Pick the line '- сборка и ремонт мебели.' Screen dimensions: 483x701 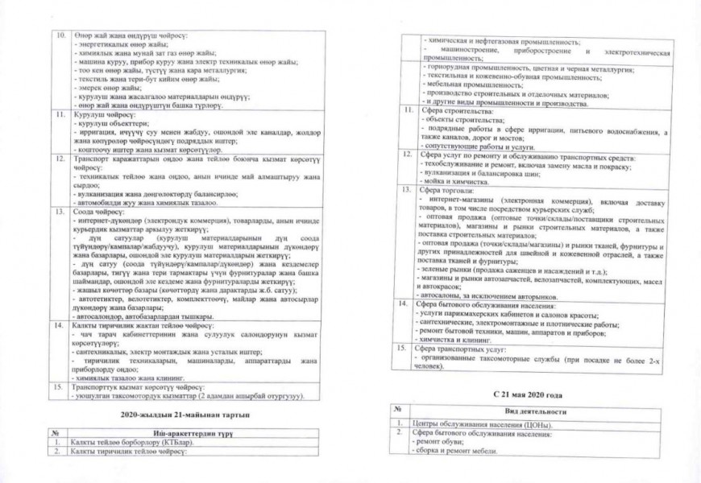pos(457,451)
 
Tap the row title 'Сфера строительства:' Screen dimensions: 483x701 pos(451,111)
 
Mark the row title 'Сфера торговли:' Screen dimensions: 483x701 pos(442,191)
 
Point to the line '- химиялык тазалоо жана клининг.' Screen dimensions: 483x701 pos(135,377)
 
